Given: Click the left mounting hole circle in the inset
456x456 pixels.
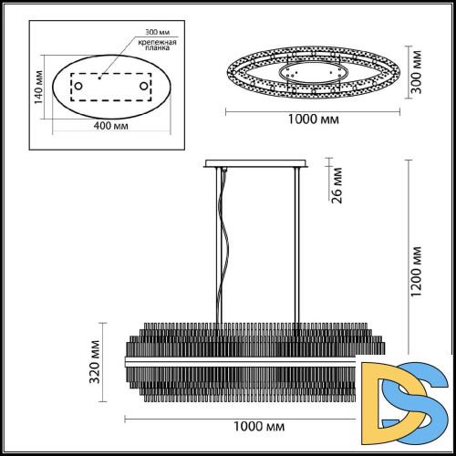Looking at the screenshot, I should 78,86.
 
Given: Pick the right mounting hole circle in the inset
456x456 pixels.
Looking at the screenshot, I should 143,86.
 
